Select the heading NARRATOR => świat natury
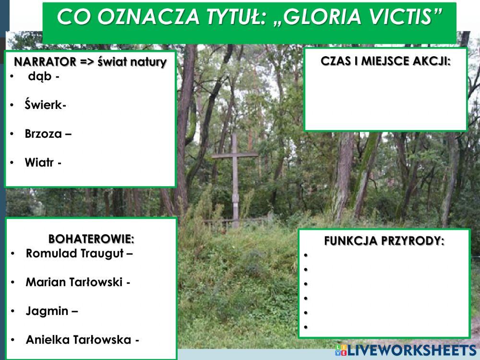[90, 62]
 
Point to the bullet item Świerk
[45, 105]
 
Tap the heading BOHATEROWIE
[91, 239]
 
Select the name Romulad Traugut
[79, 253]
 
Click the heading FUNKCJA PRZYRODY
[384, 241]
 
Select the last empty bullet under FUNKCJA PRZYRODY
[305, 327]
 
